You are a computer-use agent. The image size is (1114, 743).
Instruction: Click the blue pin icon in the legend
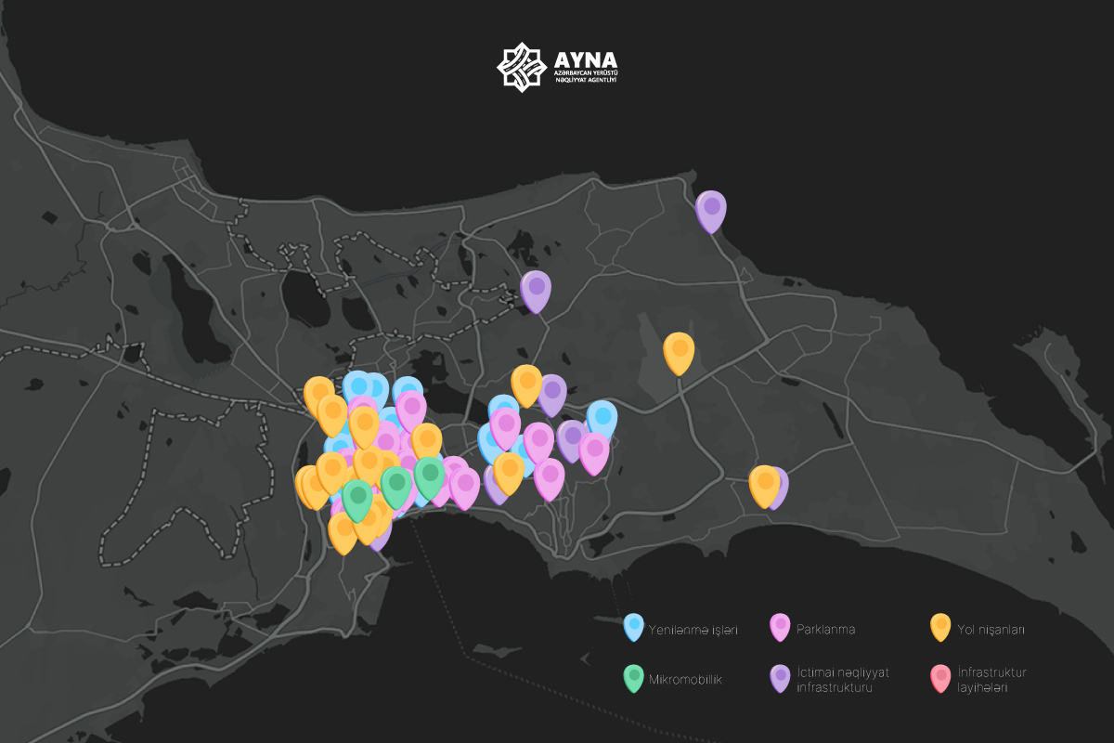coord(634,627)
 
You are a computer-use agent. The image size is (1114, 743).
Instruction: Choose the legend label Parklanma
coord(825,630)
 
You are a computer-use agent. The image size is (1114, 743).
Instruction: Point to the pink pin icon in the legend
coord(780,627)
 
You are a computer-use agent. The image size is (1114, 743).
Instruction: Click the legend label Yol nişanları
coord(991,630)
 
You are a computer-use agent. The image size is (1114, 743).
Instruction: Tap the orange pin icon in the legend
coord(940,627)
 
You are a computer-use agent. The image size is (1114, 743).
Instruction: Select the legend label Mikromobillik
coord(685,680)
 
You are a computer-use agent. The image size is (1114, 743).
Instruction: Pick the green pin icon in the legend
coord(634,677)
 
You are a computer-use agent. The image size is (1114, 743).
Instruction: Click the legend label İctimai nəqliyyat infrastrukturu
coord(843,680)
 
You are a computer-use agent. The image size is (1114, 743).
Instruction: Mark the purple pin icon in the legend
coord(780,677)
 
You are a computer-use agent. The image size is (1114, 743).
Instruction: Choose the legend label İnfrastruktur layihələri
coord(991,680)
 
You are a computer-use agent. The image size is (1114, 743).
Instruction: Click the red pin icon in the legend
coord(940,677)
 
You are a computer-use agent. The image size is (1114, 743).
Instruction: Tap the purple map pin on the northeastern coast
coord(711,209)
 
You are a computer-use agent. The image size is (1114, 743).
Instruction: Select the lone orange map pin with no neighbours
coord(679,351)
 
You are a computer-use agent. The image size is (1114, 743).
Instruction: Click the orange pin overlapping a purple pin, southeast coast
coord(764,484)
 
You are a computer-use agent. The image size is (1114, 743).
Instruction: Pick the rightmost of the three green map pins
coord(429,476)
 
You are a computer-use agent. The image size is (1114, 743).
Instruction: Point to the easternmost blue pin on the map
coord(602,419)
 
